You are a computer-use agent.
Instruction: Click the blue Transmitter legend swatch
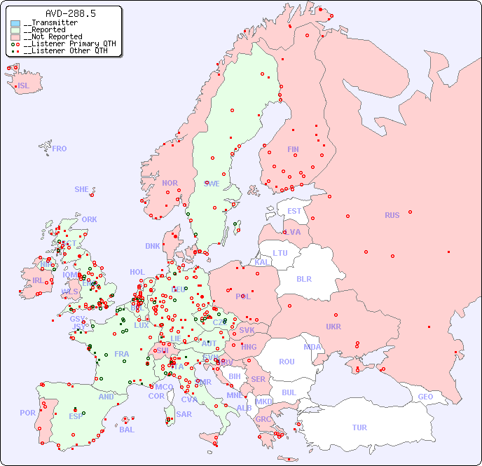[15, 23]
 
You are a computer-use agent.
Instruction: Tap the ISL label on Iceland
[24, 86]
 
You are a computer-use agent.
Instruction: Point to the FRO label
[60, 149]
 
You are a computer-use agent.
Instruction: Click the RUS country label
[392, 215]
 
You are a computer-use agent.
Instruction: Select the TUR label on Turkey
[359, 427]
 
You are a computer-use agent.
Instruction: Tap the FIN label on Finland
[293, 149]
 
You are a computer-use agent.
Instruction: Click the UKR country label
[333, 327]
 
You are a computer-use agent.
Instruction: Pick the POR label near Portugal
[27, 413]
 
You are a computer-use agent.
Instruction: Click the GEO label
[425, 397]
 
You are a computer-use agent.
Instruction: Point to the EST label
[294, 211]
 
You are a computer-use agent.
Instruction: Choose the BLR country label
[303, 278]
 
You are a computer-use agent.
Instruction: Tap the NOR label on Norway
[170, 183]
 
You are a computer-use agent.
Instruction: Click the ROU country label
[287, 362]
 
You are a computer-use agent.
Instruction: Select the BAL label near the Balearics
[126, 430]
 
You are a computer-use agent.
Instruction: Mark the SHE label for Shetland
[82, 189]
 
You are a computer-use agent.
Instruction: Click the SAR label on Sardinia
[184, 414]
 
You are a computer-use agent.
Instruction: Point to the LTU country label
[280, 253]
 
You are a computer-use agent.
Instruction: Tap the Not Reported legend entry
[53, 36]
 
